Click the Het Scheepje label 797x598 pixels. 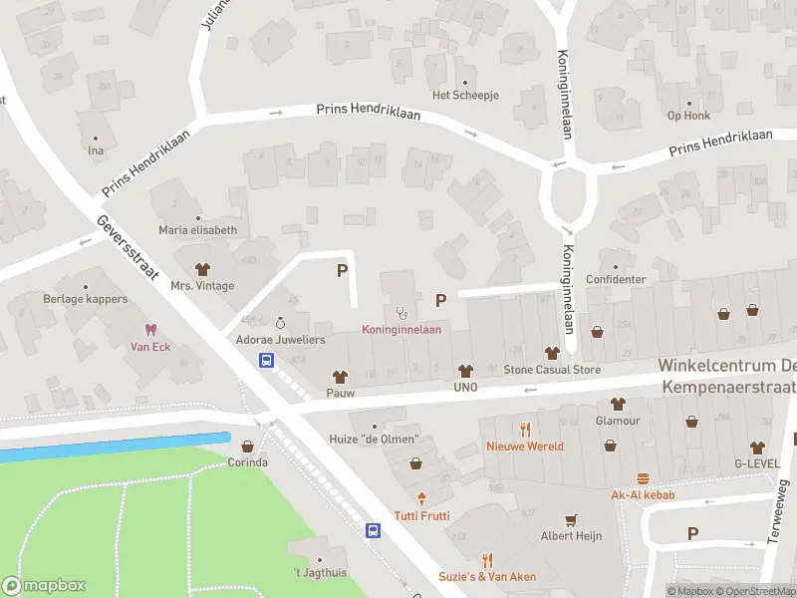point(464,96)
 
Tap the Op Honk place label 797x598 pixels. point(688,116)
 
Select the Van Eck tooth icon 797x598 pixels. point(151,330)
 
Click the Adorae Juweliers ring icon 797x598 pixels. point(280,323)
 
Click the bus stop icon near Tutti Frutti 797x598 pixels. point(373,530)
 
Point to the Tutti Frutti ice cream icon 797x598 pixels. point(421,498)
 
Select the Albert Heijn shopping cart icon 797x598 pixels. point(571,519)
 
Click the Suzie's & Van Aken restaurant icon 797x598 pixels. point(487,560)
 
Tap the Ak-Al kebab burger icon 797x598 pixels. point(644,478)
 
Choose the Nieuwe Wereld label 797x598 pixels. point(525,447)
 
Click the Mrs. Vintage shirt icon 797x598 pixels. point(203,269)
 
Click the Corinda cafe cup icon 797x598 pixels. point(247,447)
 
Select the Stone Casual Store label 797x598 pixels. point(552,370)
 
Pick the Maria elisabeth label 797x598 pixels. point(197,230)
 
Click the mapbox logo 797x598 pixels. point(43,586)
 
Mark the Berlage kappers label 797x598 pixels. point(86,299)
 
